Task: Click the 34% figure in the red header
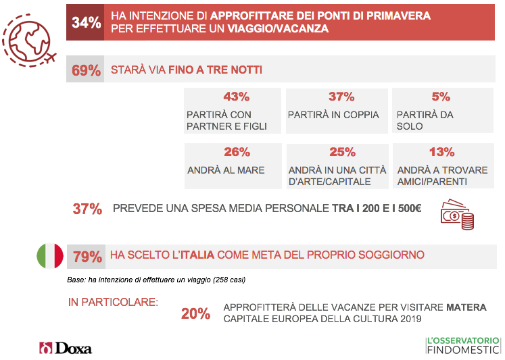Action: pos(86,22)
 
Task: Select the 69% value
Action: pos(86,70)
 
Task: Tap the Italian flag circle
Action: pos(49,255)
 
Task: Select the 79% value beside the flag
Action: pos(87,256)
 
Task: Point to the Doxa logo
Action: pos(66,348)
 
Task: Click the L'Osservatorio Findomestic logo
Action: pos(462,344)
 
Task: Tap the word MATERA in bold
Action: pos(466,307)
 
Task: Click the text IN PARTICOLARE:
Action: pos(113,301)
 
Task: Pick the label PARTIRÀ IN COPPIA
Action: pos(333,115)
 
